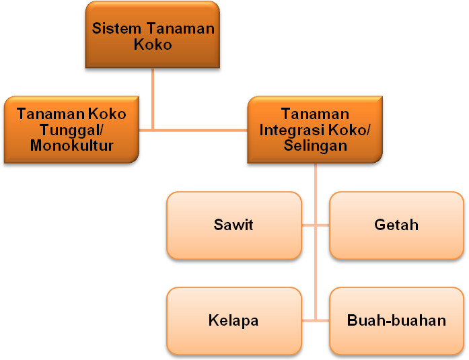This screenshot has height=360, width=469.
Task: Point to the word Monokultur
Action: pyautogui.click(x=71, y=145)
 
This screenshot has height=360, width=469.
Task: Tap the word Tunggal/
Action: pyautogui.click(x=71, y=130)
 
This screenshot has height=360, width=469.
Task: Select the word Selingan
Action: pyautogui.click(x=314, y=145)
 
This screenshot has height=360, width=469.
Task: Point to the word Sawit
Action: pyautogui.click(x=233, y=225)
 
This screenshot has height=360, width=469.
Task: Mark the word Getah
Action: pyautogui.click(x=396, y=225)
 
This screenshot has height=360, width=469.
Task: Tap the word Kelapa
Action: pyautogui.click(x=233, y=320)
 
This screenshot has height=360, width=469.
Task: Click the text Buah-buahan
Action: pyautogui.click(x=396, y=320)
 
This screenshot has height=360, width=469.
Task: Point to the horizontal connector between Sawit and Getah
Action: pyautogui.click(x=316, y=225)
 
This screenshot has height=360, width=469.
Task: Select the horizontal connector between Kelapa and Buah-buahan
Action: pyautogui.click(x=316, y=320)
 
